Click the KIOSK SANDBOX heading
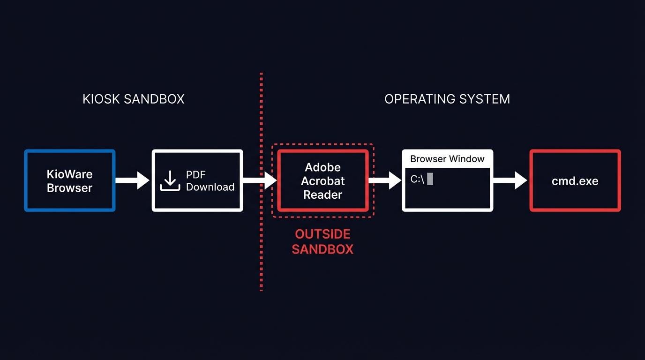point(133,99)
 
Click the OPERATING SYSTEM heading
point(447,99)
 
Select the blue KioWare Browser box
point(70,181)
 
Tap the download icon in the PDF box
point(170,181)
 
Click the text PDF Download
point(210,181)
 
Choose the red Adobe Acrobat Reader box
point(322,181)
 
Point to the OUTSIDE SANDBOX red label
point(322,241)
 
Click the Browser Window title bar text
point(447,159)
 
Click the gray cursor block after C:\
point(430,179)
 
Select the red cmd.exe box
point(575,181)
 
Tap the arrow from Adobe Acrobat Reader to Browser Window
point(385,180)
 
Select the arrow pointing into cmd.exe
point(510,180)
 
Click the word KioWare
point(70,174)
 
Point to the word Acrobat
point(322,181)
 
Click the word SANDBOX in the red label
point(322,249)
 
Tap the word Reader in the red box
point(322,195)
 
